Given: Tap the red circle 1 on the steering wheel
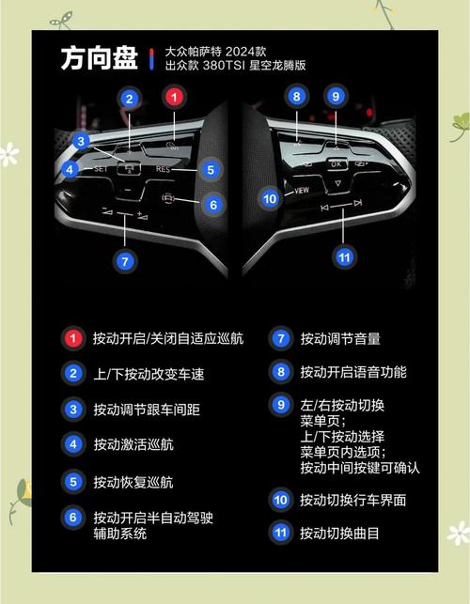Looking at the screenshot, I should point(173,97).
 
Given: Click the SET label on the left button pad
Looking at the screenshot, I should point(102,170).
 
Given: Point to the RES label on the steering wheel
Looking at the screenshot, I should point(164,170).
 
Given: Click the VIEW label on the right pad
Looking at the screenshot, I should point(302,191).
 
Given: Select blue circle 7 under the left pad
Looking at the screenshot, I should point(125,261).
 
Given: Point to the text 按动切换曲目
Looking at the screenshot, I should point(340,533).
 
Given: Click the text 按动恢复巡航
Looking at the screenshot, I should point(133,483).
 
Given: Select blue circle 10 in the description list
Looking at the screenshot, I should point(280,500).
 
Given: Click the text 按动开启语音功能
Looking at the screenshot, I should point(353,372).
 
